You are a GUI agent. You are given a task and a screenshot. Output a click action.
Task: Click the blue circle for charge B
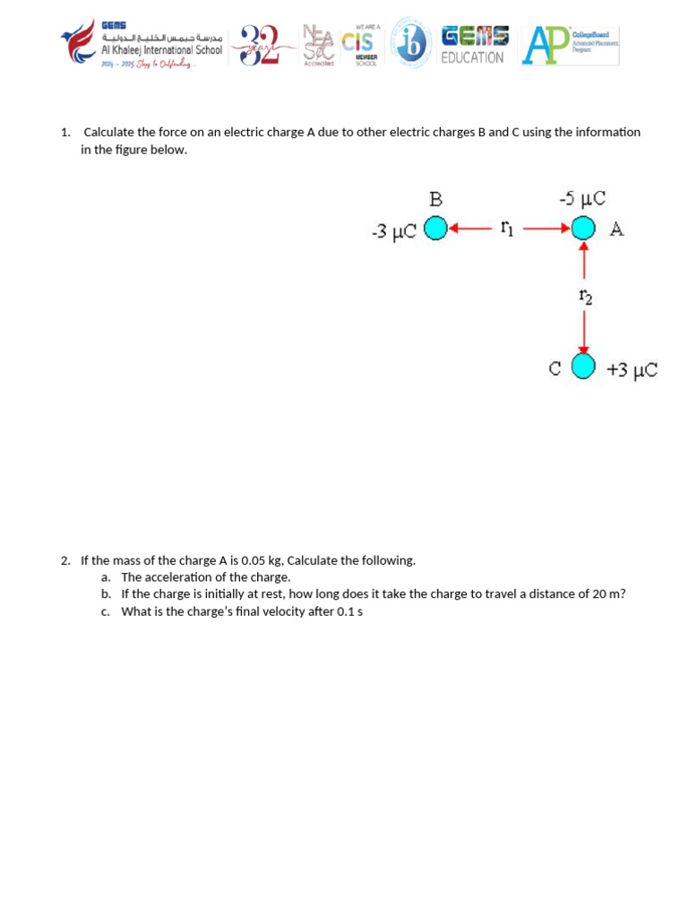(435, 229)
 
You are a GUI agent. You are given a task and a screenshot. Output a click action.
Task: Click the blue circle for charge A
(584, 229)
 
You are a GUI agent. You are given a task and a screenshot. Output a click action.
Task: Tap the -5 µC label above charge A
(582, 199)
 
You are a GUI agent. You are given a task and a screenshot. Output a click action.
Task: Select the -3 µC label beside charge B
(393, 232)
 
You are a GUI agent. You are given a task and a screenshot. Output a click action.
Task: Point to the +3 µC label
(632, 369)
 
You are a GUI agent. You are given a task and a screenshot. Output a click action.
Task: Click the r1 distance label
(506, 229)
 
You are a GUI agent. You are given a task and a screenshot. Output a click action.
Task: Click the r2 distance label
(585, 296)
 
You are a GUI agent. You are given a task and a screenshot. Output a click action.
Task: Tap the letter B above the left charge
(435, 199)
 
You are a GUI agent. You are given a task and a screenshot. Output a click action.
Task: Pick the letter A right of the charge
(616, 229)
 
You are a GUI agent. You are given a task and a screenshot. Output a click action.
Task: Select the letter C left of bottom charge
(555, 368)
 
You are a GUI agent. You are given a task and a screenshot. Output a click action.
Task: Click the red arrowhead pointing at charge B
(453, 229)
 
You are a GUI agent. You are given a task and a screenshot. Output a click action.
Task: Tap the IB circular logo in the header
(413, 44)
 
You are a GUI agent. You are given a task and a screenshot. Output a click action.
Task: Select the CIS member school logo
(364, 45)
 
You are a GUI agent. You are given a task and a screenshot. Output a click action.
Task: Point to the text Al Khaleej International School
(161, 51)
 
